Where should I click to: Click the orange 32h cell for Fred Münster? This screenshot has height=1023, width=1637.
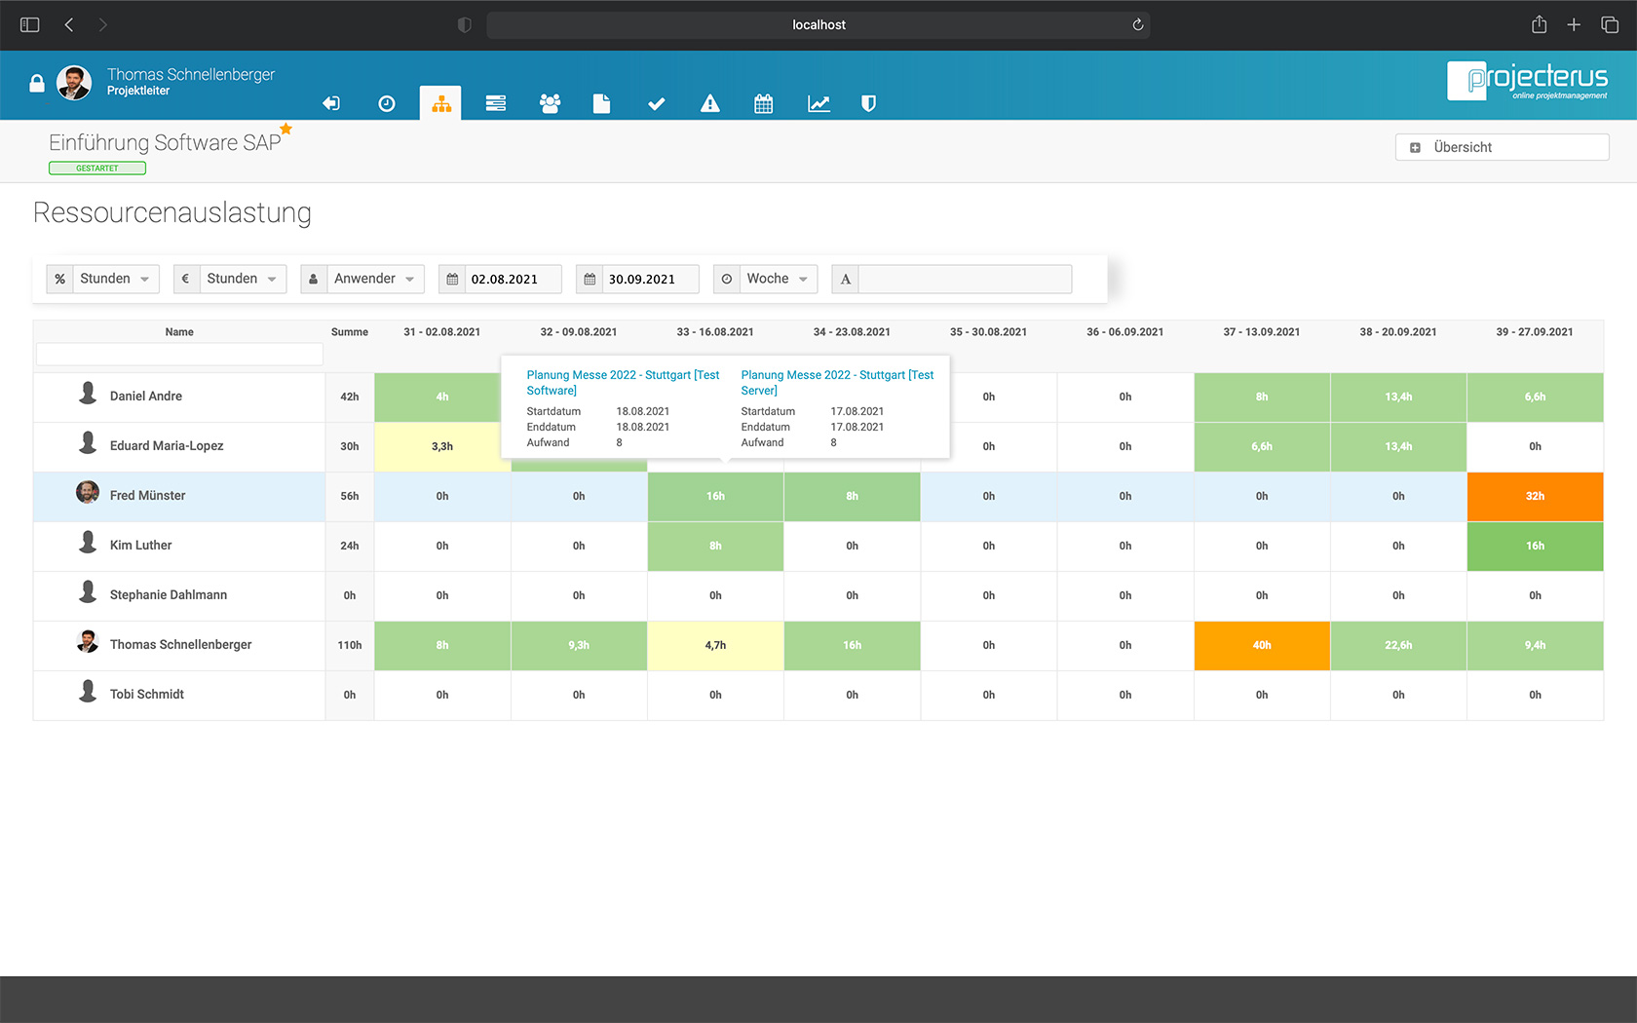(1535, 496)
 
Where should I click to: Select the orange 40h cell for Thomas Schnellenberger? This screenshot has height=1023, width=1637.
(1262, 645)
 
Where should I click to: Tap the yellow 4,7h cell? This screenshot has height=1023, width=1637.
(715, 645)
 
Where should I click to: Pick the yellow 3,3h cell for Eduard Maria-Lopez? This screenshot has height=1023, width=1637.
(442, 446)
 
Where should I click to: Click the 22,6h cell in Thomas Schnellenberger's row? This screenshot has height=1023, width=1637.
(1398, 645)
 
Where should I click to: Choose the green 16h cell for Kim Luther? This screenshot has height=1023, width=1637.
(1535, 546)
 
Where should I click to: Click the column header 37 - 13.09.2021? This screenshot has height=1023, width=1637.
(1261, 332)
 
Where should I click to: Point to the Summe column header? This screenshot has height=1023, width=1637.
(349, 332)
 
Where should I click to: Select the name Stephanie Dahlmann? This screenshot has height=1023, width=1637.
(168, 595)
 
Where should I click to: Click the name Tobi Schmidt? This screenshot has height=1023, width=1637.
(146, 695)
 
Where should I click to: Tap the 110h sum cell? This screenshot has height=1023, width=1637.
(349, 645)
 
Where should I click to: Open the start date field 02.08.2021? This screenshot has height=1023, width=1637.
(513, 280)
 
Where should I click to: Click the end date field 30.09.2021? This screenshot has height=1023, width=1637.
(650, 280)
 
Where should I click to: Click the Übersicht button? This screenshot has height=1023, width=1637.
(1502, 147)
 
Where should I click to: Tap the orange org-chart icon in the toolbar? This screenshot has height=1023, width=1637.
(441, 103)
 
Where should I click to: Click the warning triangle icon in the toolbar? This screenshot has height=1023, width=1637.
(709, 103)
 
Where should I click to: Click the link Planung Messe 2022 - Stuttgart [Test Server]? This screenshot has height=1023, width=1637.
(837, 382)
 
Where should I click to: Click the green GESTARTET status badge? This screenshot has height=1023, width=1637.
(97, 169)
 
